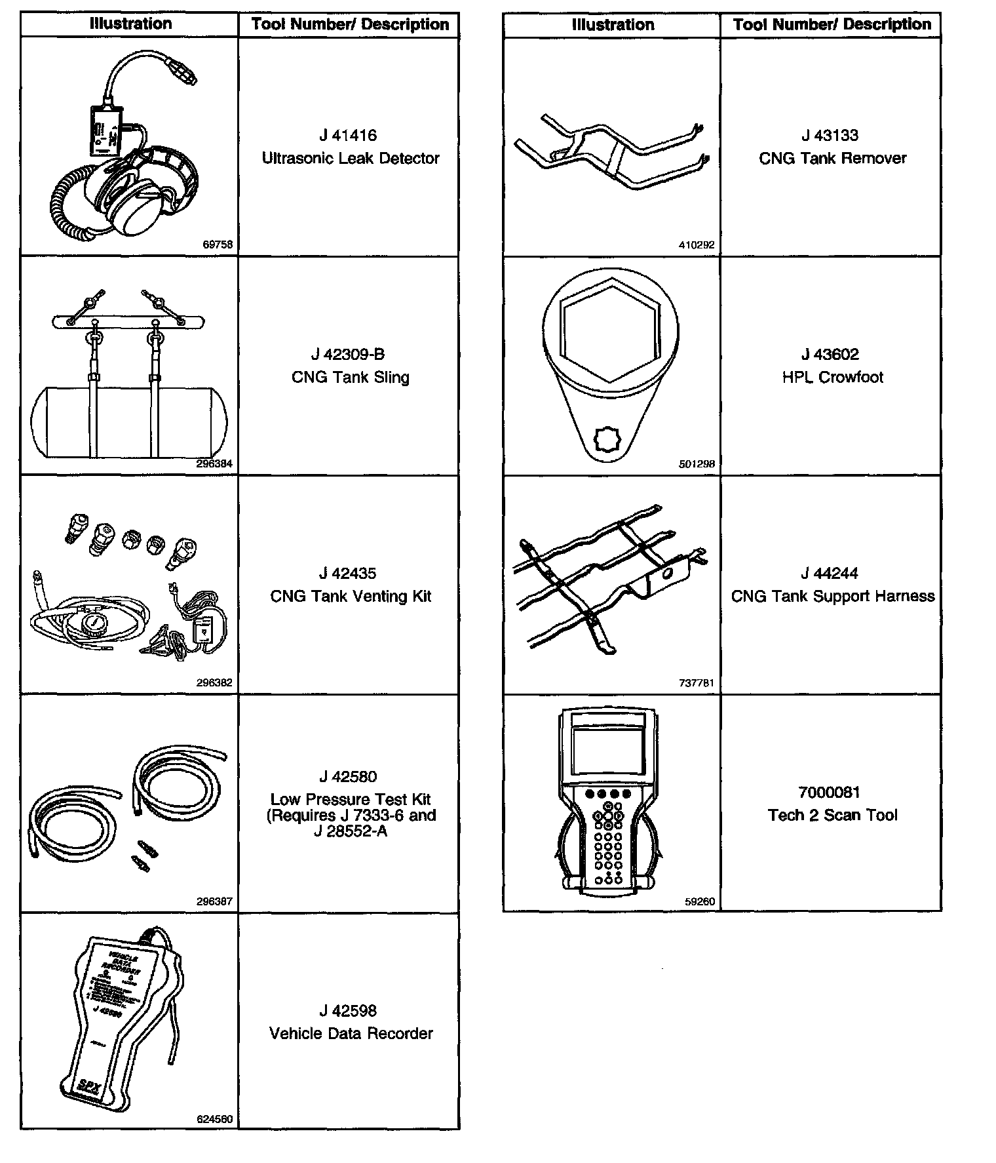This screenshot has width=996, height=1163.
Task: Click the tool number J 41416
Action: coord(348,136)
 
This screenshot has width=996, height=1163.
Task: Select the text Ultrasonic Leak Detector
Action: coord(351,159)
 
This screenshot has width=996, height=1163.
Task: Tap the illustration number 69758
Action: coord(218,245)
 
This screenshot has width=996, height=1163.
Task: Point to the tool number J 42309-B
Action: coord(348,355)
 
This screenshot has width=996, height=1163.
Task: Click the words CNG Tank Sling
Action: coord(351,378)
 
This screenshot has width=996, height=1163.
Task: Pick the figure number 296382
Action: coord(214,682)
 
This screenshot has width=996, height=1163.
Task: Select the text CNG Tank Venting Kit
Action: coord(351,597)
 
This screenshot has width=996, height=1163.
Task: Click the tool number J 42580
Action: coord(348,777)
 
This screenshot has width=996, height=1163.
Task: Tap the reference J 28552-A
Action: coord(351,832)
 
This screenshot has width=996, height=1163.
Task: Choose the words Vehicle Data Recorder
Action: coord(351,1034)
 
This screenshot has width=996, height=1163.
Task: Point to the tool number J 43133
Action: coord(830,136)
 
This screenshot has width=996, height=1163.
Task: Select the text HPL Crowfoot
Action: coord(832,378)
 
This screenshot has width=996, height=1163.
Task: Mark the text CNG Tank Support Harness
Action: coord(832,597)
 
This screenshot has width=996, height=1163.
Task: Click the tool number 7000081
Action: coord(829,793)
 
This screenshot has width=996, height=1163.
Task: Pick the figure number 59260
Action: coord(700,901)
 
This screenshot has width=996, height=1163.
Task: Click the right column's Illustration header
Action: coord(613,25)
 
